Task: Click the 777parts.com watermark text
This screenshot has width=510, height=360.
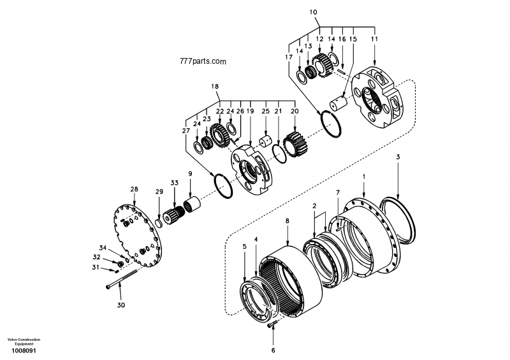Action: coord(203,62)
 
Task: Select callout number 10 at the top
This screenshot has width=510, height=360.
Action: coord(312,12)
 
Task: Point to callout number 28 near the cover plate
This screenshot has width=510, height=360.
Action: coord(134,189)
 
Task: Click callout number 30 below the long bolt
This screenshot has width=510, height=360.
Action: coord(121,305)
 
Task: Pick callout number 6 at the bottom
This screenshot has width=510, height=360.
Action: coord(273,350)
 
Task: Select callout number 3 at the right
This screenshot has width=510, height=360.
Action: coord(398,157)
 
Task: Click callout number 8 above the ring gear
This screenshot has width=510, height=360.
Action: coord(287,220)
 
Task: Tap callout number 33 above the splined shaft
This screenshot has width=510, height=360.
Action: coord(175,184)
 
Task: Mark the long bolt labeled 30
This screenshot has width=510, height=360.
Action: coord(130,279)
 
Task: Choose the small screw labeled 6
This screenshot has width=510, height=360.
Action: coord(273,326)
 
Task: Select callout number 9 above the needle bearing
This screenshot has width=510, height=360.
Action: coord(189,173)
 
